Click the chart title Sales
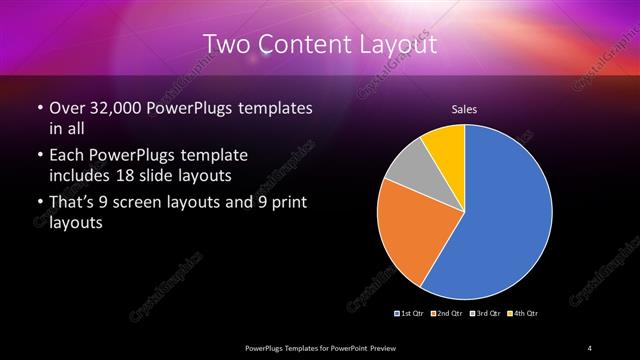click(x=464, y=108)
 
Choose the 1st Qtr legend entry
click(x=411, y=314)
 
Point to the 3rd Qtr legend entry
click(x=484, y=314)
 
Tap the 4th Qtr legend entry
click(x=522, y=314)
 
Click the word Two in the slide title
click(x=225, y=45)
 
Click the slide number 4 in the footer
click(x=590, y=347)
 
